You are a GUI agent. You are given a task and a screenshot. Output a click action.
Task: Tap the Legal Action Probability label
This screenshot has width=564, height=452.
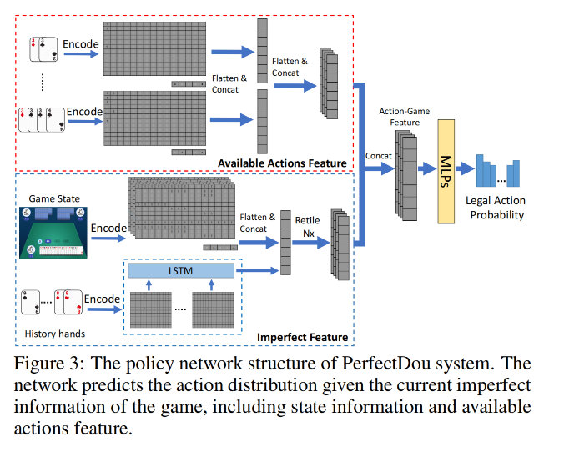click(x=497, y=208)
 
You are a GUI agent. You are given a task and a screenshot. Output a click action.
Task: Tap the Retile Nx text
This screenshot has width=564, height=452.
click(x=306, y=225)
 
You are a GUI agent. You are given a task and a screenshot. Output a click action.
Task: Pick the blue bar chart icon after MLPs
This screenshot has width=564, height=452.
click(x=498, y=172)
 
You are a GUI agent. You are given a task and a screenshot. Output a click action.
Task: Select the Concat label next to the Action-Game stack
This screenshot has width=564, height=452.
click(x=379, y=156)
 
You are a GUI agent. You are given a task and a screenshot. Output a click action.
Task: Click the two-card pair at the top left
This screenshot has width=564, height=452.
click(x=43, y=49)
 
